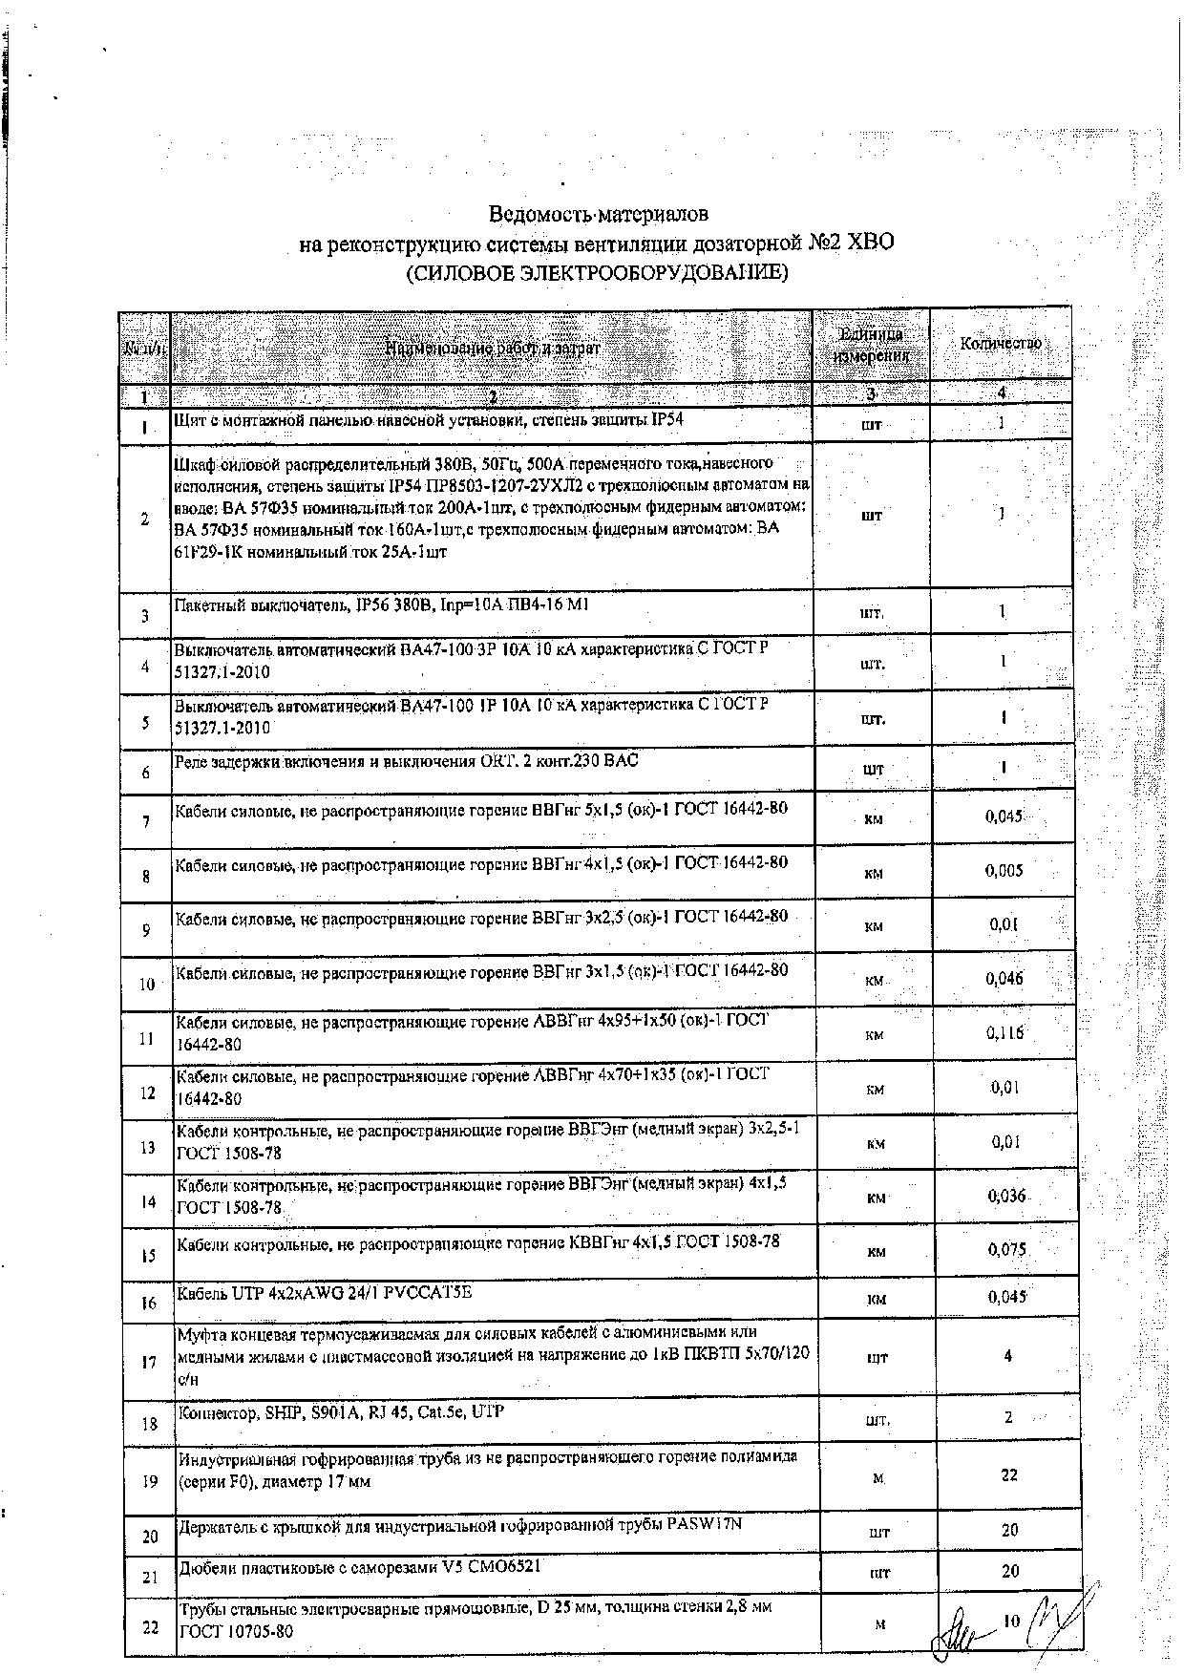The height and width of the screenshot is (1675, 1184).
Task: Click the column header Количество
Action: [x=1000, y=343]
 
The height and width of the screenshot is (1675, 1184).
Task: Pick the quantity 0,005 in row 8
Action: [x=1004, y=870]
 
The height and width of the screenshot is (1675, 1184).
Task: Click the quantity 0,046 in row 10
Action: [x=1004, y=978]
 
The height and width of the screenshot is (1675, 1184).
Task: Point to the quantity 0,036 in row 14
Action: [x=1006, y=1196]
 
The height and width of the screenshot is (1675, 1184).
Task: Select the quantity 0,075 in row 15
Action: [x=1006, y=1249]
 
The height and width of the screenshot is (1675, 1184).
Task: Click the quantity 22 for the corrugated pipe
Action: [x=1009, y=1474]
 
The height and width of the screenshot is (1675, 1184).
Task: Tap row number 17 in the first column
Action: [x=148, y=1363]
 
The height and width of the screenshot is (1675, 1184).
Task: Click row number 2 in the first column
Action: [x=145, y=519]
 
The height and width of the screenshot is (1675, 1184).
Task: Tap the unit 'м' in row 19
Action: [x=877, y=1478]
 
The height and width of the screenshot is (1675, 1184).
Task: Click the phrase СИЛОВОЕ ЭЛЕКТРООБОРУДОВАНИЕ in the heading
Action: [x=598, y=274]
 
